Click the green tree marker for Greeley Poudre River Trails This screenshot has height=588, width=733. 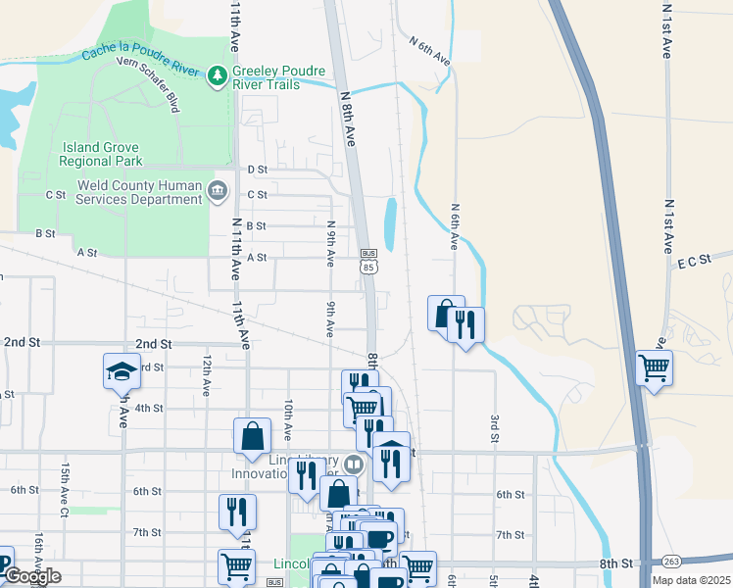pos(217,74)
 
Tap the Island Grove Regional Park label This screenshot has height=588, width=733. pos(103,154)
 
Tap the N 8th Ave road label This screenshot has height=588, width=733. pos(349,120)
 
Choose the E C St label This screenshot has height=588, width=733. pos(692,263)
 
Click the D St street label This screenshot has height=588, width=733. pos(258,170)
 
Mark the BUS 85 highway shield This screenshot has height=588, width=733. pos(368,260)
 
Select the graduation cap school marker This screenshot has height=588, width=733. pos(122,371)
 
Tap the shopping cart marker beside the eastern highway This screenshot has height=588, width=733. pos(654,368)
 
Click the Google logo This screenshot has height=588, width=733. pos(31,576)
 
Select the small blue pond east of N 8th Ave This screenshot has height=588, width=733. pos(390,223)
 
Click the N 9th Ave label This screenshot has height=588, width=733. pos(331,243)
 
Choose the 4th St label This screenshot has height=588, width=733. pos(149,408)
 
